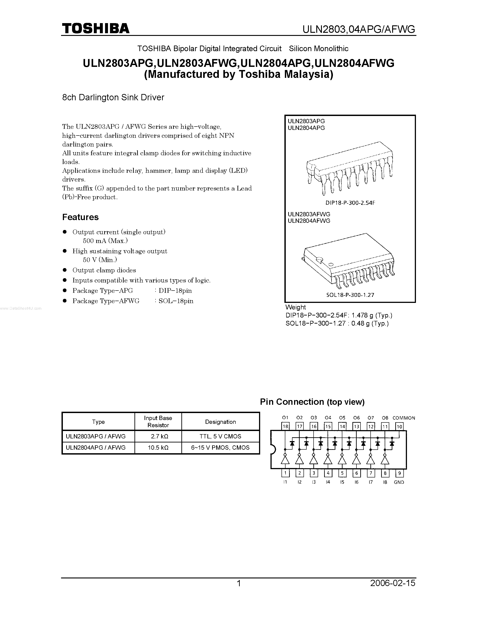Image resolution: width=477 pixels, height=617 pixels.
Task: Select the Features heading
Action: (80, 217)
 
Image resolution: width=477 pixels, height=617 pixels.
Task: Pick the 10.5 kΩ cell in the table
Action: (158, 448)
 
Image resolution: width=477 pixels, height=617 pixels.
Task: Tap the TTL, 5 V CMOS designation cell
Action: (220, 436)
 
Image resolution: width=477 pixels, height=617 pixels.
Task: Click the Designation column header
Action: (220, 422)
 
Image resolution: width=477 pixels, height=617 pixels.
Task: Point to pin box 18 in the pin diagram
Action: (285, 426)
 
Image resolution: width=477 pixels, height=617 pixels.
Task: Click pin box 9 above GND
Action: (399, 473)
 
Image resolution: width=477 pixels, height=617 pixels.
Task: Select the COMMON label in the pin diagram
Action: (404, 418)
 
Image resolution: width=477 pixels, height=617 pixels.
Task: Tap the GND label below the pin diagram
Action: (399, 482)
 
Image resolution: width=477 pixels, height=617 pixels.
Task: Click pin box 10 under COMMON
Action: (399, 426)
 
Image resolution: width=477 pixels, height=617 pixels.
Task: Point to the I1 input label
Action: (285, 482)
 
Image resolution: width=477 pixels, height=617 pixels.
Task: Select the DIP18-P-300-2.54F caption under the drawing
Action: (350, 203)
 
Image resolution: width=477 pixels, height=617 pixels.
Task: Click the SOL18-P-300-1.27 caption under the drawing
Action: (350, 295)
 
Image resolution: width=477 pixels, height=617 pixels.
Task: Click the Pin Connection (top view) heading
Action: (312, 402)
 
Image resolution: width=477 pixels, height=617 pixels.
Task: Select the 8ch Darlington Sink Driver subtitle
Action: (113, 97)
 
